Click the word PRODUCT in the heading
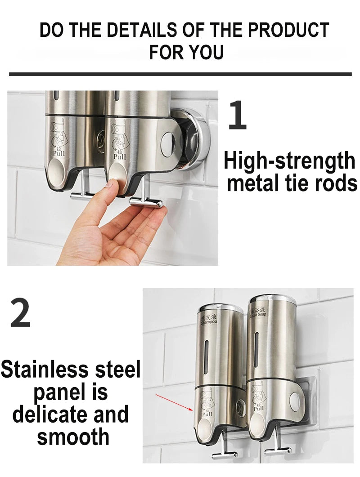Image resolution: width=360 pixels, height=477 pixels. [288, 30]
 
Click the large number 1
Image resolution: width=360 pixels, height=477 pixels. [237, 116]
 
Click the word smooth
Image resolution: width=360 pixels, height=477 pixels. [73, 437]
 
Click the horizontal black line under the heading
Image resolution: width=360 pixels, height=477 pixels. [180, 74]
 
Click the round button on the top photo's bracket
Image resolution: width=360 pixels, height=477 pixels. [167, 137]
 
